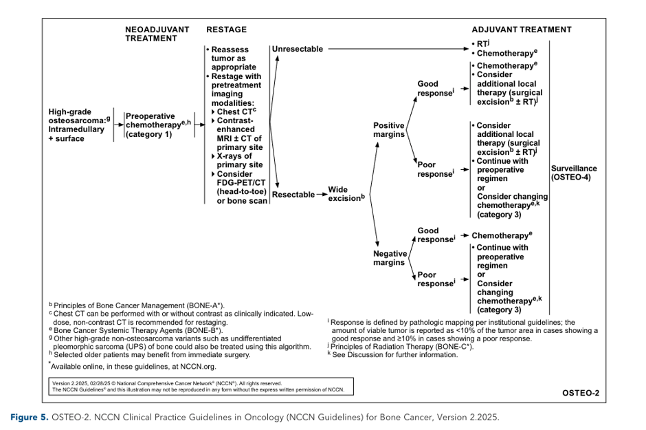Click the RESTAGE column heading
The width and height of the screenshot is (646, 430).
click(x=226, y=30)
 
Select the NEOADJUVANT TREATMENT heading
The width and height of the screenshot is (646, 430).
click(x=157, y=34)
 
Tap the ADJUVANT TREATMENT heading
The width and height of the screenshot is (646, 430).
click(x=522, y=30)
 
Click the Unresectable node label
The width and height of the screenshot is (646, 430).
click(x=298, y=49)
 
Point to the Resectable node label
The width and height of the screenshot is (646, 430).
click(x=293, y=195)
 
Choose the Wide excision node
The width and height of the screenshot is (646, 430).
click(x=346, y=194)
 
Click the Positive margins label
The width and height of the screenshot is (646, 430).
click(x=389, y=130)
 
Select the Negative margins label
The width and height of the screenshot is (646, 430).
click(x=390, y=258)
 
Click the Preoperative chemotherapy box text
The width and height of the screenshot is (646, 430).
click(x=158, y=125)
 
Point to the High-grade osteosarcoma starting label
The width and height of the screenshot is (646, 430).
click(x=79, y=125)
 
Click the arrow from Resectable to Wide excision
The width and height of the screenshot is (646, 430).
click(x=322, y=195)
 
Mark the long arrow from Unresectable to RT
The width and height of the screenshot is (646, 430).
click(x=399, y=49)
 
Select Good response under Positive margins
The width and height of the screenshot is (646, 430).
click(x=436, y=88)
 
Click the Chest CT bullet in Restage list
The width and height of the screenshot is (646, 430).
click(x=234, y=111)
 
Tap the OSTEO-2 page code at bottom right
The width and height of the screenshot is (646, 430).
click(x=581, y=393)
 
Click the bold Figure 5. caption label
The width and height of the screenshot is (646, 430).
click(x=30, y=417)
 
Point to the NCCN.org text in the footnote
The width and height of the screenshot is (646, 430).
click(x=198, y=367)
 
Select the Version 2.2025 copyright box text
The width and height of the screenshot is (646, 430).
click(x=198, y=386)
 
